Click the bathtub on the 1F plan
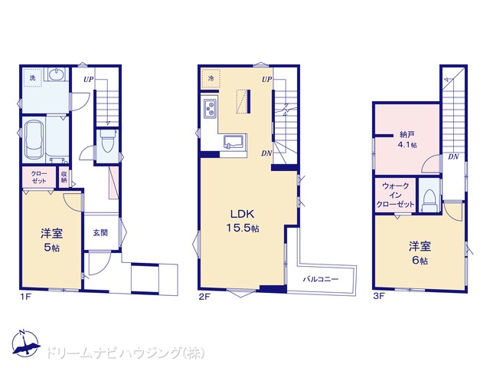(35, 140)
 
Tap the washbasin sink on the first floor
(57, 74)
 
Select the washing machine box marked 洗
(32, 78)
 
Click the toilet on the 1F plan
(107, 141)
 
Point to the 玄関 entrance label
(100, 232)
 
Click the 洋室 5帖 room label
(51, 240)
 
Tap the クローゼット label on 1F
(39, 177)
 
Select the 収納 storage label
(64, 177)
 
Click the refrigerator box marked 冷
(211, 78)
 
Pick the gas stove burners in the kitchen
(210, 108)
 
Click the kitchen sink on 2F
(234, 142)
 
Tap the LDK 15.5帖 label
(243, 221)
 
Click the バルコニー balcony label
(320, 279)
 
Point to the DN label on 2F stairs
(266, 153)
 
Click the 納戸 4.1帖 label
(407, 140)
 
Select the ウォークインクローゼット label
(395, 195)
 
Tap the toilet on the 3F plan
(430, 200)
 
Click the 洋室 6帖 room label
(420, 253)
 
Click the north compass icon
(25, 343)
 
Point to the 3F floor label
(378, 296)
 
